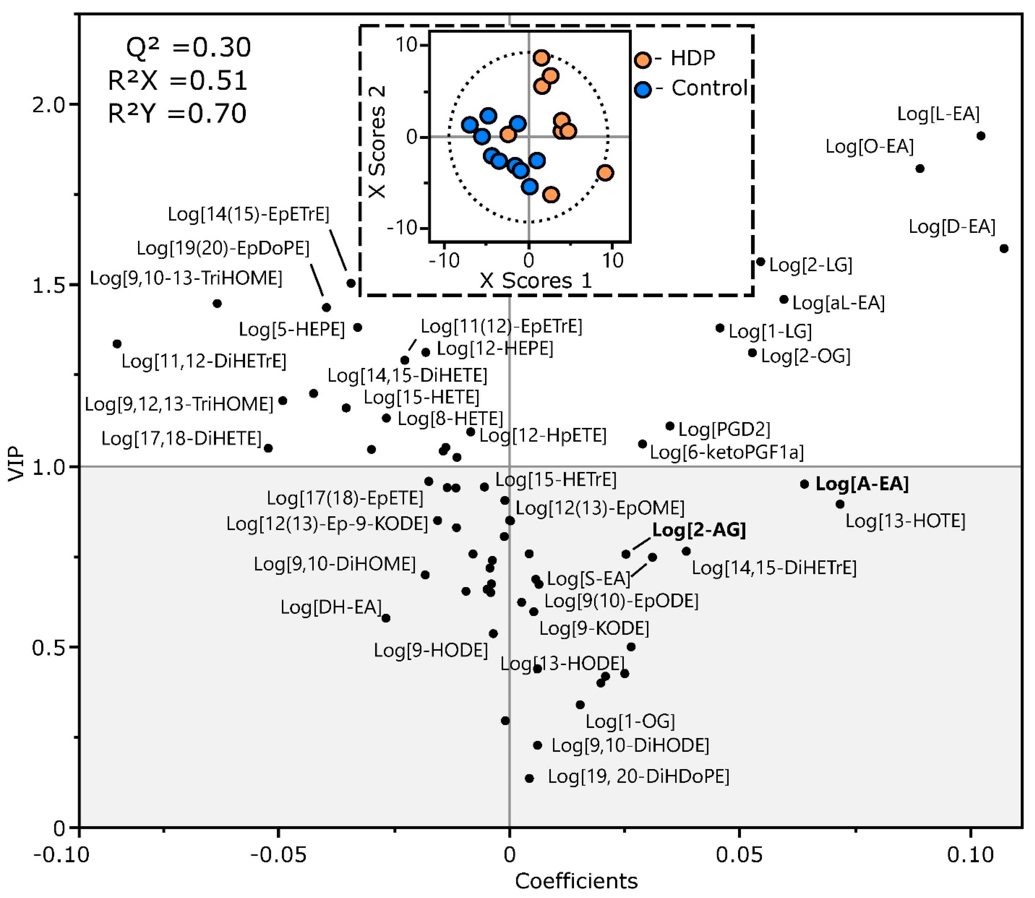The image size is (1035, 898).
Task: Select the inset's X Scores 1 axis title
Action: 536,281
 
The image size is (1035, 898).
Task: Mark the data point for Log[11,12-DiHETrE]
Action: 117,344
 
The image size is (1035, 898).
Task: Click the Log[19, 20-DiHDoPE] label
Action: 638,777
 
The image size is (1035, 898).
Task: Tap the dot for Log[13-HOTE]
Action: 840,504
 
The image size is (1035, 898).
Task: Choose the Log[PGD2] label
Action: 724,429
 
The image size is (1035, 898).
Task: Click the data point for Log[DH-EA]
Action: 386,618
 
